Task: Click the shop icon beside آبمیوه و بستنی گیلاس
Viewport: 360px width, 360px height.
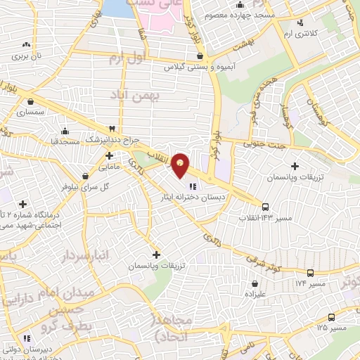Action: pos(201,56)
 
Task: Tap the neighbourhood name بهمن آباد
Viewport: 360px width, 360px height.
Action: pos(159,94)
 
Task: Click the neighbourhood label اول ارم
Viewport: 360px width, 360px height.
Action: pos(126,60)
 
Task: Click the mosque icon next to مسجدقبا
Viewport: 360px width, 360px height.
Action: pos(65,131)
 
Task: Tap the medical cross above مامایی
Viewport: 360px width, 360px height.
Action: pos(109,155)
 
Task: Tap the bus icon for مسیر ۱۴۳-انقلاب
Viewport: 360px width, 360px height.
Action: pos(265,207)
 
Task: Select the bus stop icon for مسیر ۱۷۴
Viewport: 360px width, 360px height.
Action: pos(310,273)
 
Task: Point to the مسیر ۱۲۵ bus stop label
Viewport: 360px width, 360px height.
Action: pos(331,328)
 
